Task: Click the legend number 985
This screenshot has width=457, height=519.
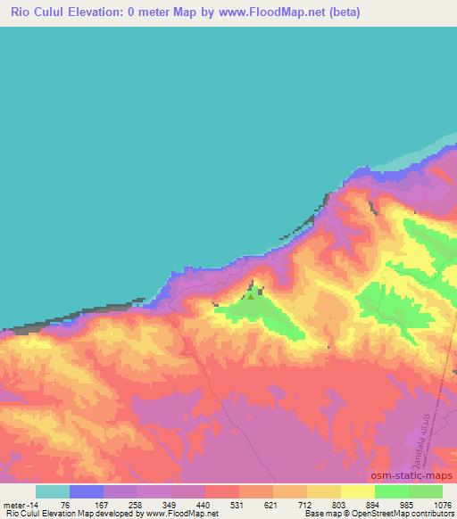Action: pyautogui.click(x=410, y=504)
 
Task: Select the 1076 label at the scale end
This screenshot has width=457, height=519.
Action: pyautogui.click(x=442, y=504)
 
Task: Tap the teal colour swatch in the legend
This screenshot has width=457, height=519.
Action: pyautogui.click(x=54, y=491)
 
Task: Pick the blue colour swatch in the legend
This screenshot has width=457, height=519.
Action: pyautogui.click(x=87, y=491)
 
